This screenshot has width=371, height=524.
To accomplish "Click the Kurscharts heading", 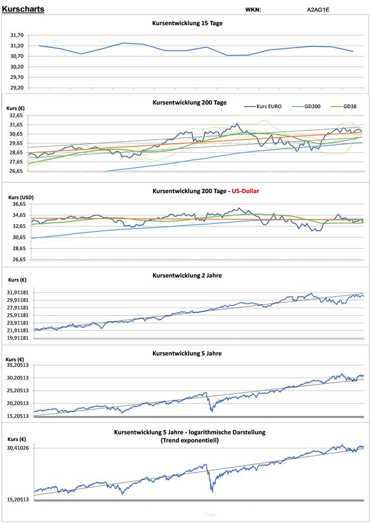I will [23, 9].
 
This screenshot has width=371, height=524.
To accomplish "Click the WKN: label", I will [253, 9].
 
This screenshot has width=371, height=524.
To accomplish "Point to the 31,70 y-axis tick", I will [17, 35].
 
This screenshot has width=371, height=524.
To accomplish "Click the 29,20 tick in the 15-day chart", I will [17, 88].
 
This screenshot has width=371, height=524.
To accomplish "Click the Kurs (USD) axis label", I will [21, 197].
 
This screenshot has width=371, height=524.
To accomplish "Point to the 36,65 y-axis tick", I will [18, 204].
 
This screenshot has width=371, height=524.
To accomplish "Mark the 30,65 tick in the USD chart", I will [18, 237].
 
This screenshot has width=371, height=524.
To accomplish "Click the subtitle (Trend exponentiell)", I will [190, 441].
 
